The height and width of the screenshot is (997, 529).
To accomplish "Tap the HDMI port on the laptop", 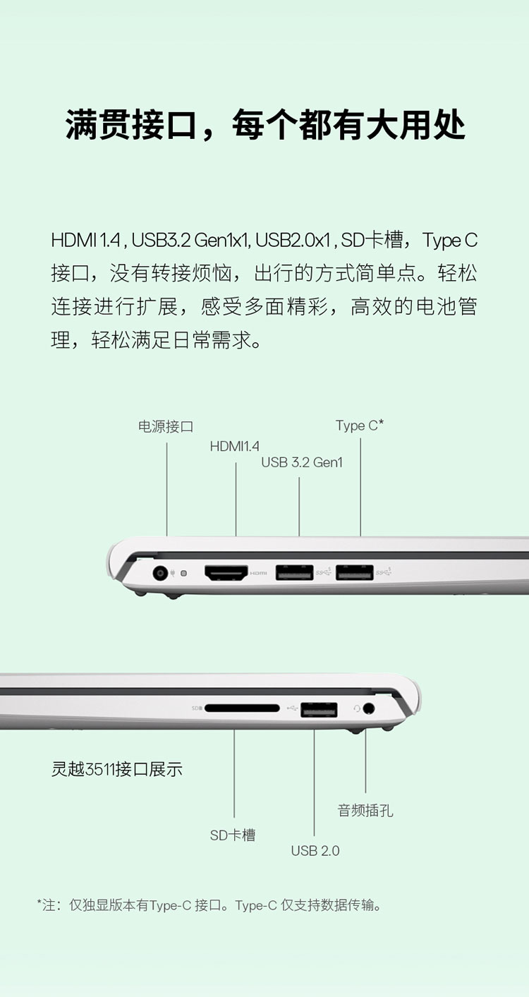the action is point(226,573).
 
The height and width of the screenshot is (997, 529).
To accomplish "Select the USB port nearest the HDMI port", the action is point(294,572).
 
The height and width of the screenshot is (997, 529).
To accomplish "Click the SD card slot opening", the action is point(242,708).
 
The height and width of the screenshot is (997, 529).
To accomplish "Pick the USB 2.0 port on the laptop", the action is point(319,710).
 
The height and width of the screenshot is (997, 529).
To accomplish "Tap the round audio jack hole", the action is point(369,708).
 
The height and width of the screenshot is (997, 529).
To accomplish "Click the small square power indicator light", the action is point(184,573).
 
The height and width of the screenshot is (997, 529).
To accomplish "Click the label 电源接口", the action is point(166,426).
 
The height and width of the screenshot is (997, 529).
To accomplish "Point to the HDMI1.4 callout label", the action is point(234,446).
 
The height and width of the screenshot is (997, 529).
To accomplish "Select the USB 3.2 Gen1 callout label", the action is point(302,462).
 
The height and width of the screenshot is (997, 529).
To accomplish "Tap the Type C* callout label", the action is point(360,426).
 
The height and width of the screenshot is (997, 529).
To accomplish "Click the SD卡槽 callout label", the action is point(233,835).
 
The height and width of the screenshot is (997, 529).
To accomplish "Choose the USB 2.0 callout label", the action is point(315,851).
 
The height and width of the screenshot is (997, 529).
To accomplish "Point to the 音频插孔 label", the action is point(365,810).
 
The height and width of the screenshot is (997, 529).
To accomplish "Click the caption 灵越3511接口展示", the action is point(116,769).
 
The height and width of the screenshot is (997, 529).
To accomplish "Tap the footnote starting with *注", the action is point(209,905).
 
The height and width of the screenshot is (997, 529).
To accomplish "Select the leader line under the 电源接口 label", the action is point(167,489).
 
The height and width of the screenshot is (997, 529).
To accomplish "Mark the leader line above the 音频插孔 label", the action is point(366,761).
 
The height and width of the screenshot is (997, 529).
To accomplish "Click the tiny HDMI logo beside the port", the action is point(258,573).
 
